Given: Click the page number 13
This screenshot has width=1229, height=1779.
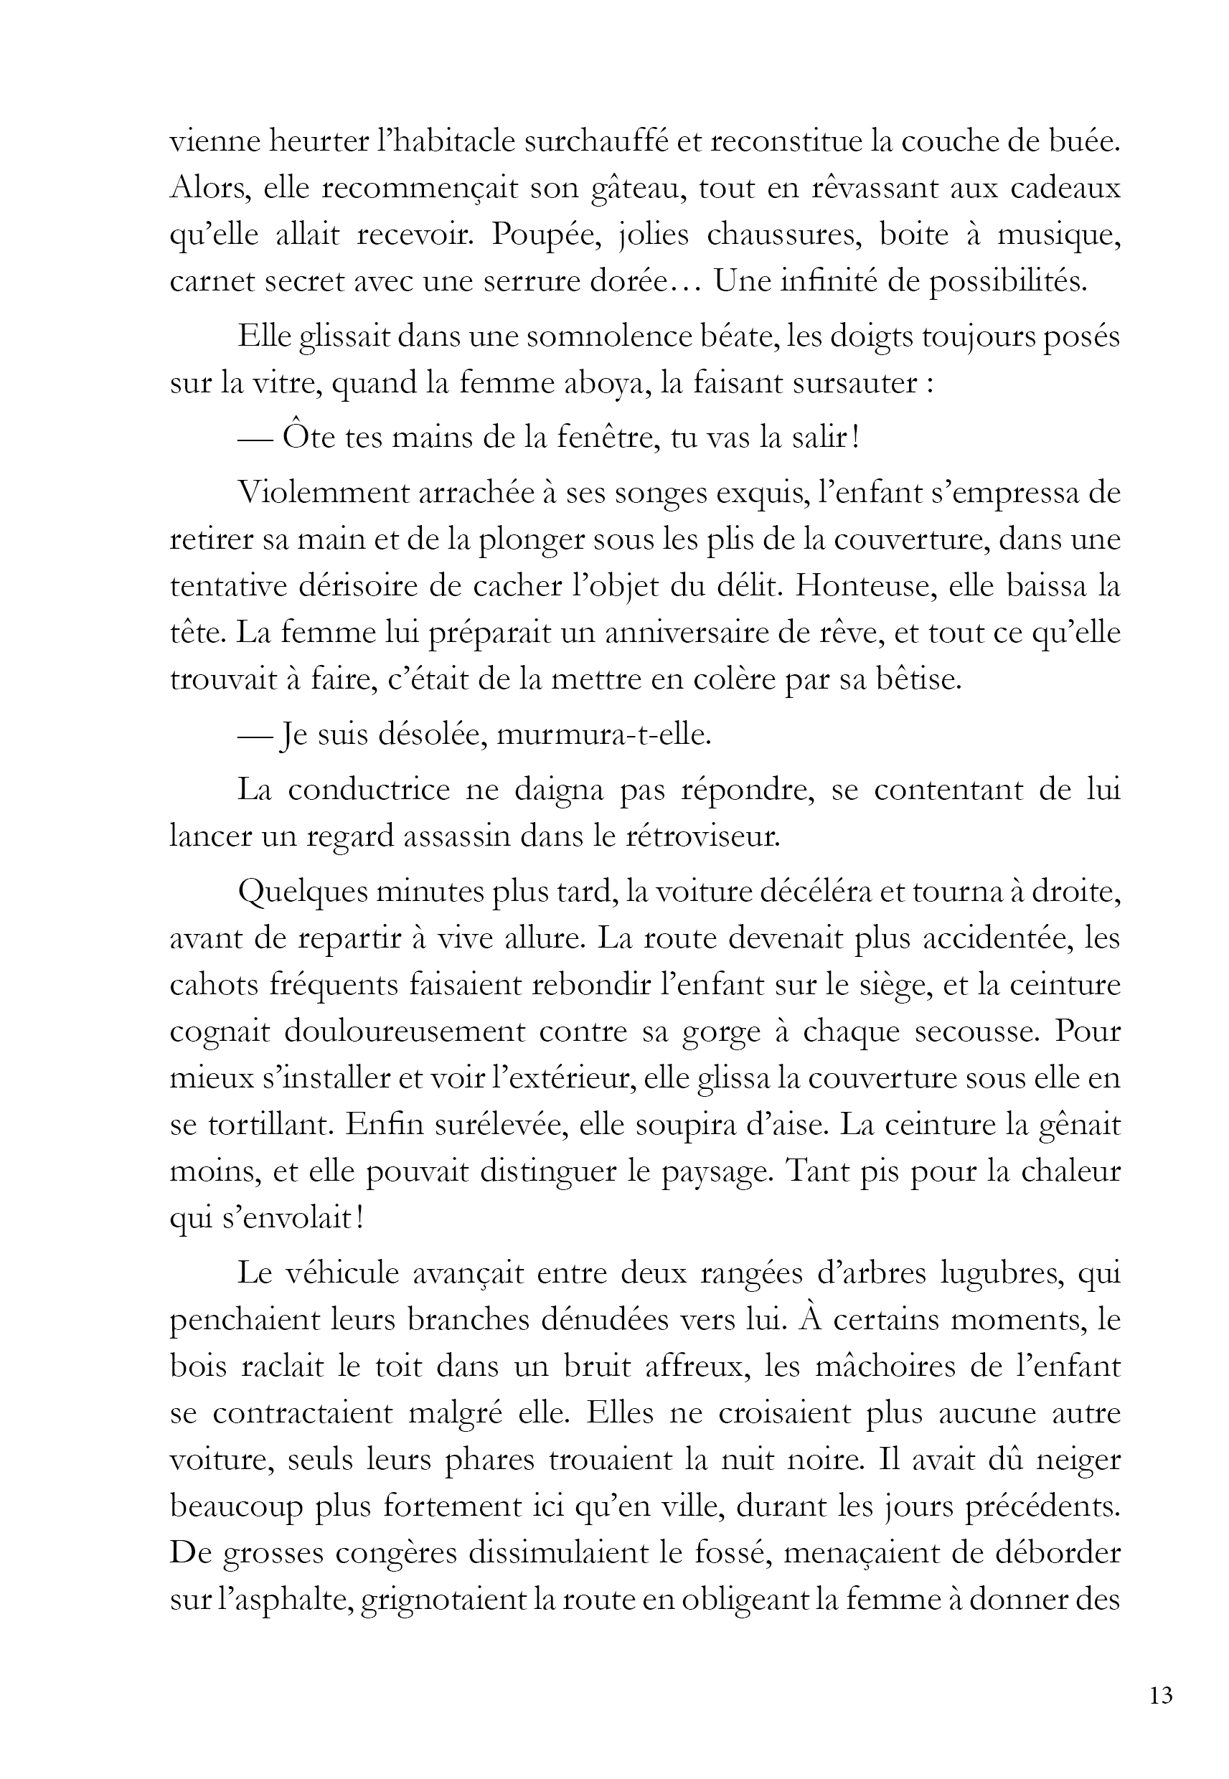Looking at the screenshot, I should (1160, 1694).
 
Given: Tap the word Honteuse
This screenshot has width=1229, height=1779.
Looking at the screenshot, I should (862, 586).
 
